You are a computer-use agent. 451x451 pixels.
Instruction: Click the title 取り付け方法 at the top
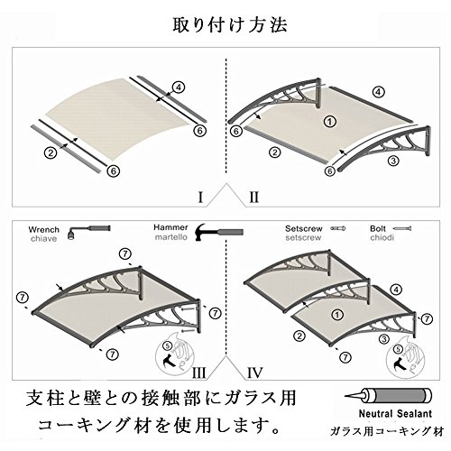tap(230, 24)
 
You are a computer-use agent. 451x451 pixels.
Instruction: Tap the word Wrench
tap(44, 230)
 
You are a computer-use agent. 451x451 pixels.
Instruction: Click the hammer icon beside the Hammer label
tap(219, 232)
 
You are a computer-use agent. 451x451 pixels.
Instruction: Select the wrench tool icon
tap(88, 231)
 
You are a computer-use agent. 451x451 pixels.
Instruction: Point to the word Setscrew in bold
tap(304, 228)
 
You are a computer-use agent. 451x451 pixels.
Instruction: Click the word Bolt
tap(378, 228)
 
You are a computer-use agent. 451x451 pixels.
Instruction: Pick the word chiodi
tap(382, 238)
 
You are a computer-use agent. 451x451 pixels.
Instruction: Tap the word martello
tap(171, 237)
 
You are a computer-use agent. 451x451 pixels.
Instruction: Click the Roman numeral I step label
tap(200, 198)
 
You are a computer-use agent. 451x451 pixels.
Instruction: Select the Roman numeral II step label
tap(254, 198)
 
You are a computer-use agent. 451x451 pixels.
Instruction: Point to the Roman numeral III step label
tap(198, 373)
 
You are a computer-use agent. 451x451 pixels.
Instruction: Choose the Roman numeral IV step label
tap(255, 373)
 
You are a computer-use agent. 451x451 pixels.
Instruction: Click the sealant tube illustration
tap(389, 396)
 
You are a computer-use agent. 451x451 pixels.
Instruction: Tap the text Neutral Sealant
tap(395, 414)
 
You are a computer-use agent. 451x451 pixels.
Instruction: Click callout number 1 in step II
tap(330, 122)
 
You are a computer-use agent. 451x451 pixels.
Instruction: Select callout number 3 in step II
tap(393, 161)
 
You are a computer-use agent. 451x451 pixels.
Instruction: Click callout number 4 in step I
tap(179, 87)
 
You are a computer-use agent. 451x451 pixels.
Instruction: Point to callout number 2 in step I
tap(51, 152)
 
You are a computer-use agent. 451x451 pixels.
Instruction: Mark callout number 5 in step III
tap(167, 345)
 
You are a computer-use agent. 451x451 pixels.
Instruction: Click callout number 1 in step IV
tap(337, 315)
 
